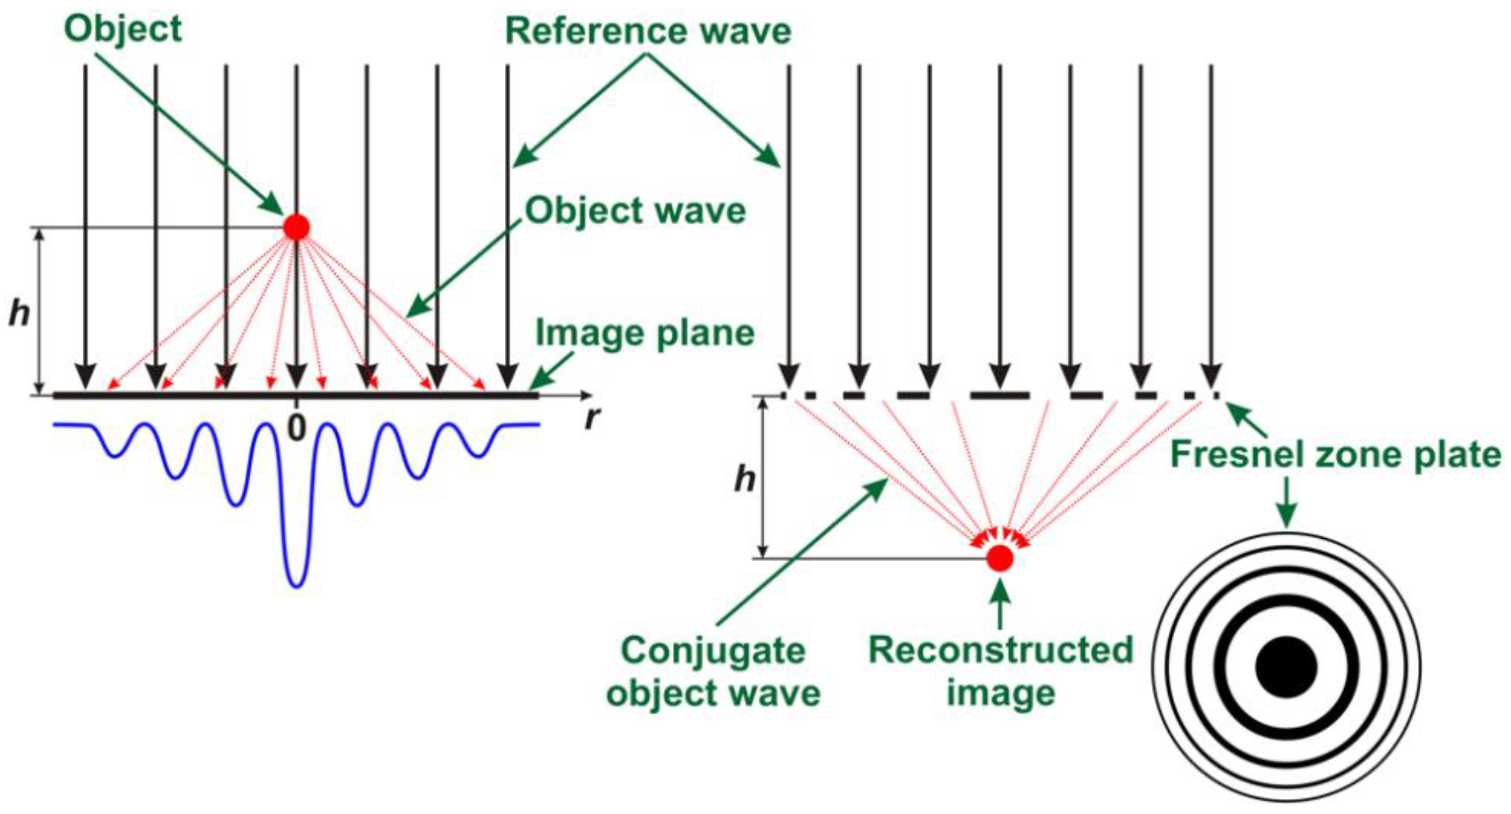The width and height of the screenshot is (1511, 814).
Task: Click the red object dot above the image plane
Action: (296, 227)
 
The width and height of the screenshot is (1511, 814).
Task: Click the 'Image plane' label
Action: (645, 333)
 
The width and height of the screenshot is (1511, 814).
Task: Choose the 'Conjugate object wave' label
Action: (713, 672)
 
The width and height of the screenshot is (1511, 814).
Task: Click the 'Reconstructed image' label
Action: (1001, 672)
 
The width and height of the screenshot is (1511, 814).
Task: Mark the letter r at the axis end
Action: (594, 418)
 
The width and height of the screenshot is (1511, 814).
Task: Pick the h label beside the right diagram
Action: (745, 479)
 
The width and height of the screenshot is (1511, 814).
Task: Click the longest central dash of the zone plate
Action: (1000, 396)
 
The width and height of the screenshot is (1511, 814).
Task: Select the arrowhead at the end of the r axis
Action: (587, 395)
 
